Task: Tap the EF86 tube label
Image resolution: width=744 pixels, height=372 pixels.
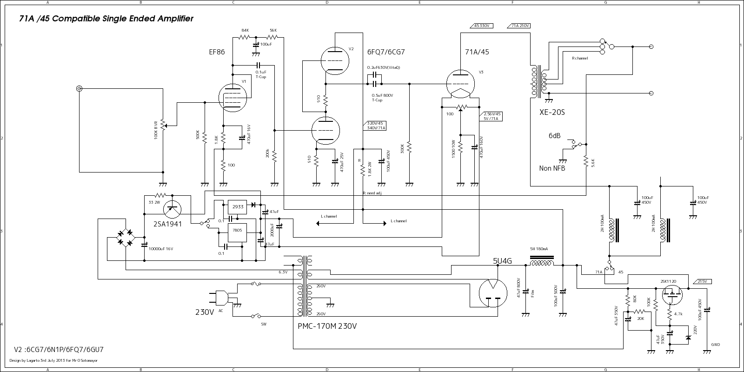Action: (x=217, y=52)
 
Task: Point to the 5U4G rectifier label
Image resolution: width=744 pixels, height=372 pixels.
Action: (x=502, y=261)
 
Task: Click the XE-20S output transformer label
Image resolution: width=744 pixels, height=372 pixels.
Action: (x=552, y=112)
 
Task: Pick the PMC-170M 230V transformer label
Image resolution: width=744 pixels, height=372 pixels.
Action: (x=327, y=326)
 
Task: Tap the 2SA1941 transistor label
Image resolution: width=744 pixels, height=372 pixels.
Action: (x=167, y=223)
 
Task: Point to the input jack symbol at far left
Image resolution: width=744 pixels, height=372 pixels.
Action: (x=80, y=89)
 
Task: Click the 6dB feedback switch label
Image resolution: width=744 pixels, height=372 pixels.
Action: (x=554, y=136)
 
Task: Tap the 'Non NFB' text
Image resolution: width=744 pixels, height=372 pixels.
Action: (x=552, y=168)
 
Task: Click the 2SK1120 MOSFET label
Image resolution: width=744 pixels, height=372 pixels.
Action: (x=668, y=282)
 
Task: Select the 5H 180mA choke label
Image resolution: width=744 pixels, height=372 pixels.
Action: (x=539, y=249)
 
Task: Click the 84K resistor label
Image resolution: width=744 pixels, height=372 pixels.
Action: (x=245, y=30)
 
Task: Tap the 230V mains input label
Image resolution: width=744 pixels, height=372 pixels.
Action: (x=205, y=312)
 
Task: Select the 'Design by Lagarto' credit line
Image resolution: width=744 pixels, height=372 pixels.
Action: (x=53, y=360)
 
